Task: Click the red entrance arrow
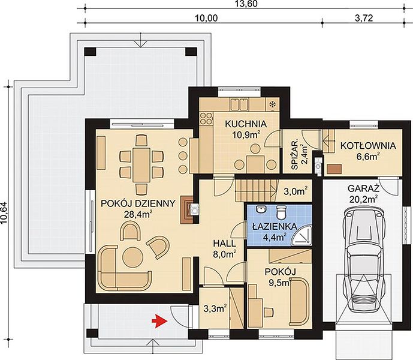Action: click(x=159, y=321)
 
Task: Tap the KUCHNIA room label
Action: click(x=246, y=124)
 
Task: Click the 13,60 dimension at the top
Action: click(x=245, y=4)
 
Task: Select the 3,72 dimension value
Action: click(x=364, y=18)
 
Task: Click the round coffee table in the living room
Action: click(x=133, y=257)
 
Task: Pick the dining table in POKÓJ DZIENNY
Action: click(x=141, y=165)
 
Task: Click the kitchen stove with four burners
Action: click(x=206, y=118)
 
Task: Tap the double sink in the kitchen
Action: click(x=239, y=104)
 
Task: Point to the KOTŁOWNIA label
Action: click(x=368, y=146)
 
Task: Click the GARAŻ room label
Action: click(x=363, y=188)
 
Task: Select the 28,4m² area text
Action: click(x=138, y=214)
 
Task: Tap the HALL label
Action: click(x=224, y=244)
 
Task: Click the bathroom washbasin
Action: click(x=261, y=209)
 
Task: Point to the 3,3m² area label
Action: click(x=215, y=308)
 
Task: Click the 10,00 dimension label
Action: click(x=206, y=18)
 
